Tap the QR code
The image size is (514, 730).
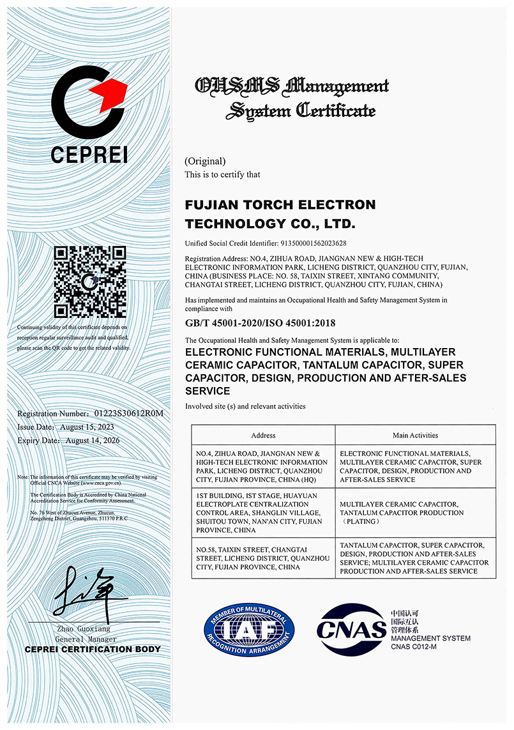pos(89,282)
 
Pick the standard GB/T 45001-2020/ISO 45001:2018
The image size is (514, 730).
pos(260,323)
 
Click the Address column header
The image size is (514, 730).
pos(263,436)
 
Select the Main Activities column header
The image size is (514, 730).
pos(415,436)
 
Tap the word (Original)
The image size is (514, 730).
pos(205,162)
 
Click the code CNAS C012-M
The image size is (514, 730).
pos(413,647)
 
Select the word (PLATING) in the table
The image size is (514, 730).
pos(362,522)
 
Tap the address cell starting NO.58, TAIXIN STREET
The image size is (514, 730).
pos(263,558)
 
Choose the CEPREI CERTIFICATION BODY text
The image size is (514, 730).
pos(93,650)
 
